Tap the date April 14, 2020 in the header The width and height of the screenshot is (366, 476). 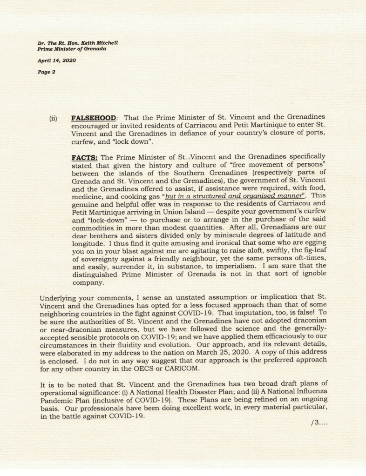point(57,60)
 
